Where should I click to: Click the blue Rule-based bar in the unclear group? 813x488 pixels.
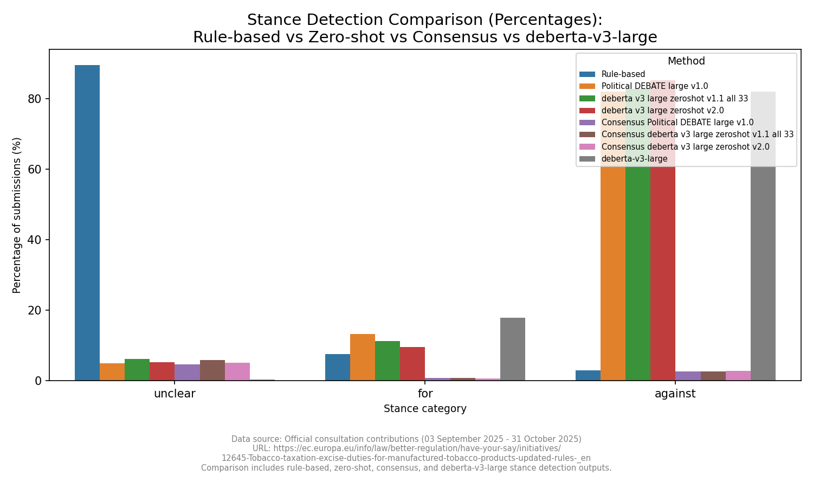click(87, 222)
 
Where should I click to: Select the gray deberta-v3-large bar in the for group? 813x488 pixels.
click(512, 349)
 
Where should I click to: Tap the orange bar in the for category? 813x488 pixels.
click(363, 357)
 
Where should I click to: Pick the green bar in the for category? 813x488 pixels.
click(388, 361)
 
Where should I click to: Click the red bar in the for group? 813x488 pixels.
click(412, 364)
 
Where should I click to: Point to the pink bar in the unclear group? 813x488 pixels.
click(237, 372)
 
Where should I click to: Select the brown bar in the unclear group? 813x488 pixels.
click(212, 370)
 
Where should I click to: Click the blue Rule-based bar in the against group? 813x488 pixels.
click(588, 375)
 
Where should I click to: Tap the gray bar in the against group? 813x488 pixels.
click(763, 271)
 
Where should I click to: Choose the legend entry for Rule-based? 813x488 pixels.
click(623, 74)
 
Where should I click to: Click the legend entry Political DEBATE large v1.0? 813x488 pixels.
click(654, 86)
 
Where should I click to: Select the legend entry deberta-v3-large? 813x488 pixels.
click(634, 159)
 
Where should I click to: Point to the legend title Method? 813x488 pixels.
click(686, 61)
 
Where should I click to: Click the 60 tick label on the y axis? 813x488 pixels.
click(35, 169)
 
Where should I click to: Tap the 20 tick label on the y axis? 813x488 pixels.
click(35, 311)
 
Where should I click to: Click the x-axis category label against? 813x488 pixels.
click(675, 394)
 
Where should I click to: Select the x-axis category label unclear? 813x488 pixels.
click(175, 394)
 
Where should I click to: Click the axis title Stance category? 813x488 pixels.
click(425, 409)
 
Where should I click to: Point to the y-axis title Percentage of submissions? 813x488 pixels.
click(17, 215)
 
